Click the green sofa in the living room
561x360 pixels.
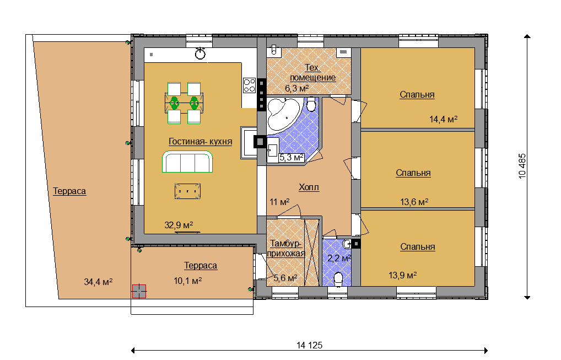pyautogui.click(x=187, y=162)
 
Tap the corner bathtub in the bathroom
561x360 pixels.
pyautogui.click(x=283, y=114)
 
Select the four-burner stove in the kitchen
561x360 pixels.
pyautogui.click(x=250, y=85)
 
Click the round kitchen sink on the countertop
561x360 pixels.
pyautogui.click(x=201, y=53)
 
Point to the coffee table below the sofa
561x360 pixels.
pyautogui.click(x=187, y=191)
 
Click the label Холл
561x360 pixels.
pyautogui.click(x=309, y=187)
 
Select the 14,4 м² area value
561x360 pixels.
pyautogui.click(x=443, y=119)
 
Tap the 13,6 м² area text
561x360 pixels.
pyautogui.click(x=414, y=202)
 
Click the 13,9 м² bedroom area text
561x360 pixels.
pyautogui.click(x=402, y=275)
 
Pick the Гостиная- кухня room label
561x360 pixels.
pyautogui.click(x=201, y=142)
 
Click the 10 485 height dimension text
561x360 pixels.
pyautogui.click(x=522, y=166)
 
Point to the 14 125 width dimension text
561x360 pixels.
pyautogui.click(x=310, y=345)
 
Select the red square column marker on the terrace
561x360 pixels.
pyautogui.click(x=139, y=291)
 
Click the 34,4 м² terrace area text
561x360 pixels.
pyautogui.click(x=99, y=282)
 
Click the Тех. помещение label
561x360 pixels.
pyautogui.click(x=312, y=73)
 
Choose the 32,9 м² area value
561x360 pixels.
pyautogui.click(x=179, y=225)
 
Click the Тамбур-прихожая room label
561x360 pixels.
pyautogui.click(x=286, y=248)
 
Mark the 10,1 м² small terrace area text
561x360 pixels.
pyautogui.click(x=188, y=281)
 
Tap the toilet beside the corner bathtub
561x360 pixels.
pyautogui.click(x=311, y=104)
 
